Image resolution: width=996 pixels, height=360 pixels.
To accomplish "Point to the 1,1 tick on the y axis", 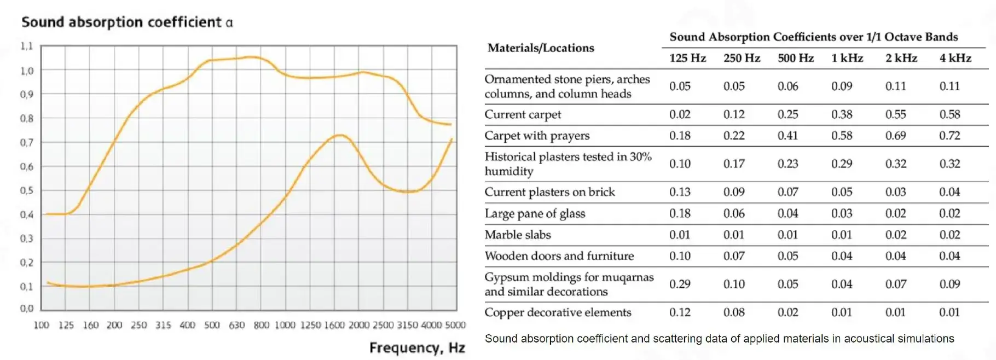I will coord(27,46).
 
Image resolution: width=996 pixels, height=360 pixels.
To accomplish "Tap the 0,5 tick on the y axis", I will coord(27,190).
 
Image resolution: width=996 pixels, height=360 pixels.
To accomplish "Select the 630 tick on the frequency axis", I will coord(236,325).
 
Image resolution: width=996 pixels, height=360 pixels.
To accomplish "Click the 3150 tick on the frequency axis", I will coord(407,325).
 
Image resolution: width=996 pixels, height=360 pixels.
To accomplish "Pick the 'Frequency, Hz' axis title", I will coord(417,347).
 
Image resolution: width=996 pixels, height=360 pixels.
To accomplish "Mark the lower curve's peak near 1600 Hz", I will coord(339,135).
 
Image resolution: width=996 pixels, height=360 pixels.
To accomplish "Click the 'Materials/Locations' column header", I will coord(541,48).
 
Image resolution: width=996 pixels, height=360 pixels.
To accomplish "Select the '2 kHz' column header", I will coord(901,58).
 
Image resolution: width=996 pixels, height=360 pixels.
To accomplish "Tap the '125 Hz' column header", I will coord(687,58).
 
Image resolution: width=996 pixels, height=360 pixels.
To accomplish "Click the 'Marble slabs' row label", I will coord(518,235).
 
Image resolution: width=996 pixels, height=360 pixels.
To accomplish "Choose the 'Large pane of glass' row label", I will coord(535,213).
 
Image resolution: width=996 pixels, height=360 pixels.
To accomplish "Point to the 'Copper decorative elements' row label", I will coord(558,312).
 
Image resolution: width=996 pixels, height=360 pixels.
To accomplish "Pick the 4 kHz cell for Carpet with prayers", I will coord(949,136).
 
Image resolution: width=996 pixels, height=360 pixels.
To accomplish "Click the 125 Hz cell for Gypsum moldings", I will coord(680,284).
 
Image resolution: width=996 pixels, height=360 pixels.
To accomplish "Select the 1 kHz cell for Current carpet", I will coord(842,114).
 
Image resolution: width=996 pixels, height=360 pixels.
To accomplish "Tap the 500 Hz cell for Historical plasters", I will coord(787,164).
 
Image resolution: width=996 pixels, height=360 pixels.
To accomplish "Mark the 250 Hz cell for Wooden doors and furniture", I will coord(734,256).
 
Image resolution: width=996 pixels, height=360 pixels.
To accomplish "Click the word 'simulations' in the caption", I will coord(925,339).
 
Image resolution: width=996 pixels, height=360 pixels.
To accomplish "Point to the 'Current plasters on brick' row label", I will coord(549,192).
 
